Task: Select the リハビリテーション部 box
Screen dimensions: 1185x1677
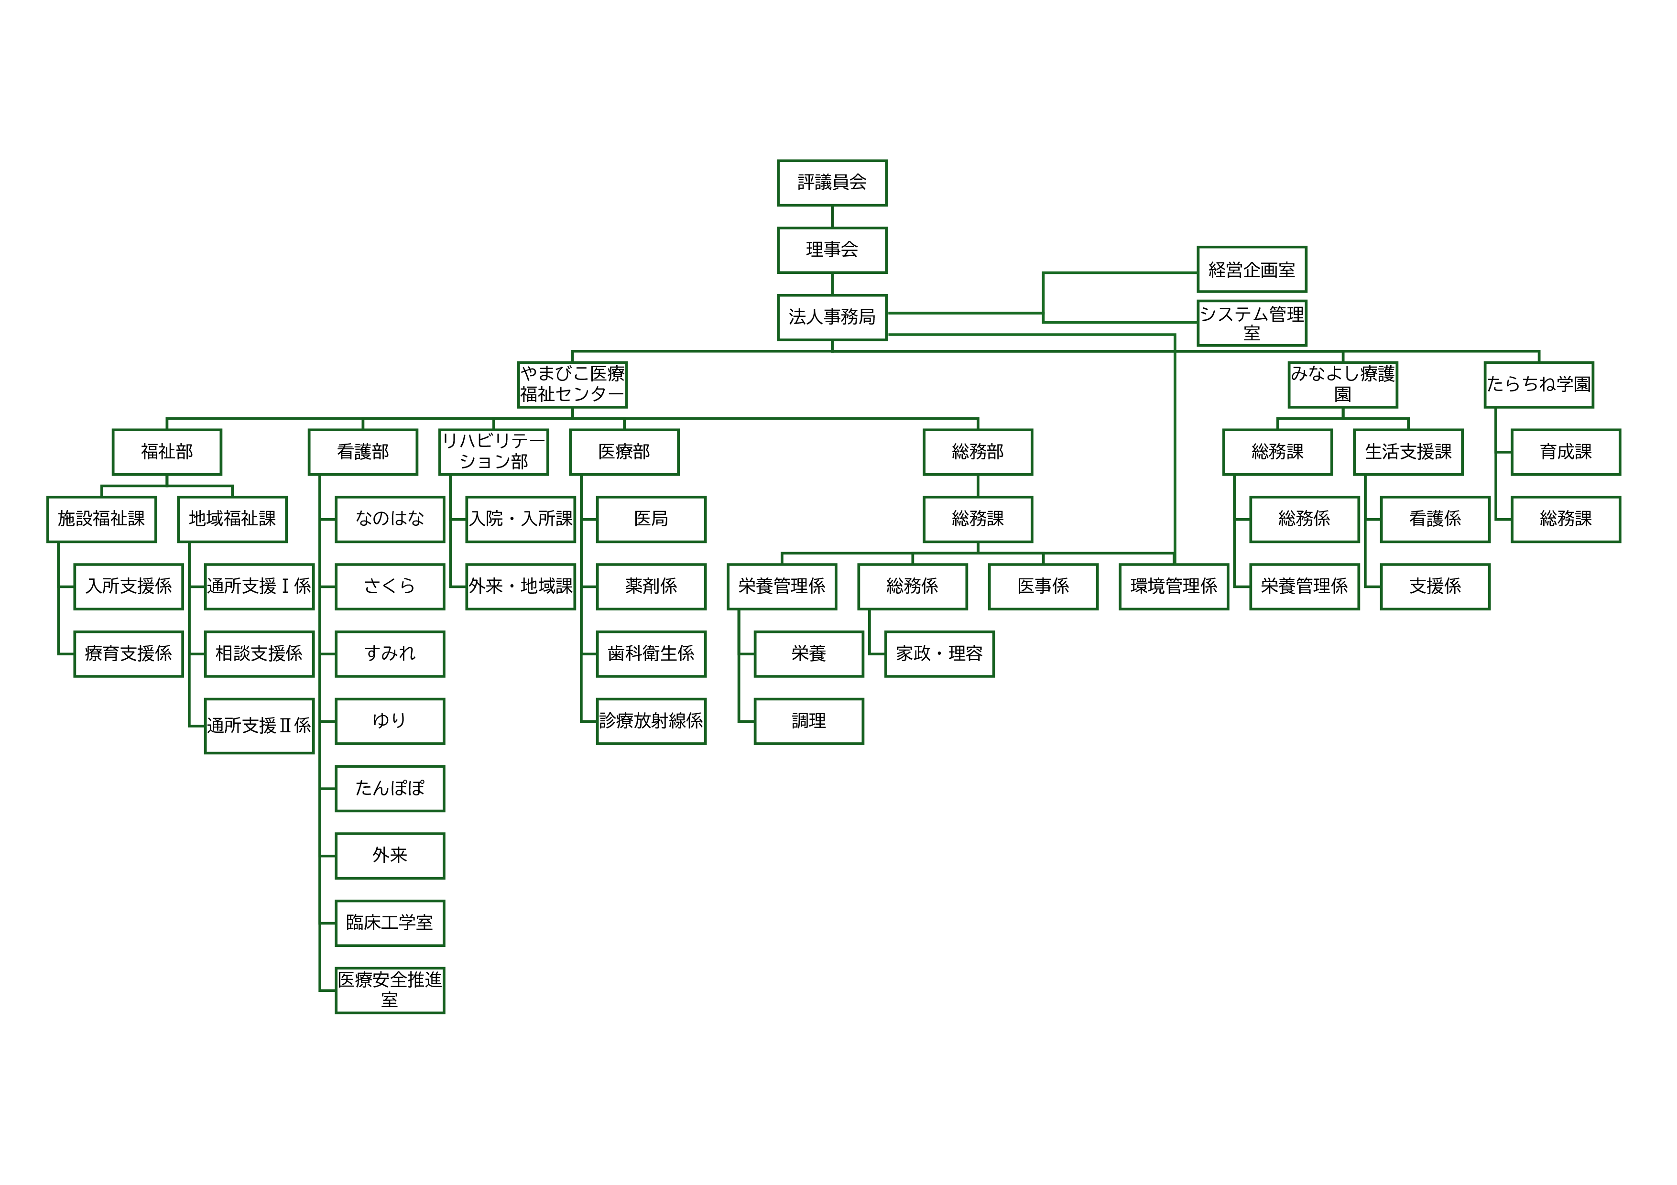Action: click(x=494, y=452)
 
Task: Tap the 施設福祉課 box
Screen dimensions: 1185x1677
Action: click(x=101, y=519)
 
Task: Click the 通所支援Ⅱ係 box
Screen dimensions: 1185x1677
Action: click(x=259, y=726)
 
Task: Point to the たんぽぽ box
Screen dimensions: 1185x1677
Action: click(x=390, y=788)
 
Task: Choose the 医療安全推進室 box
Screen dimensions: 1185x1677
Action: click(x=390, y=990)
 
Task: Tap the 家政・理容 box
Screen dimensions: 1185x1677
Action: click(x=939, y=653)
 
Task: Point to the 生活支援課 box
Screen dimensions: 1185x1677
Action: click(x=1408, y=452)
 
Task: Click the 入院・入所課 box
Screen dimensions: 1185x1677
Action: click(x=521, y=519)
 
